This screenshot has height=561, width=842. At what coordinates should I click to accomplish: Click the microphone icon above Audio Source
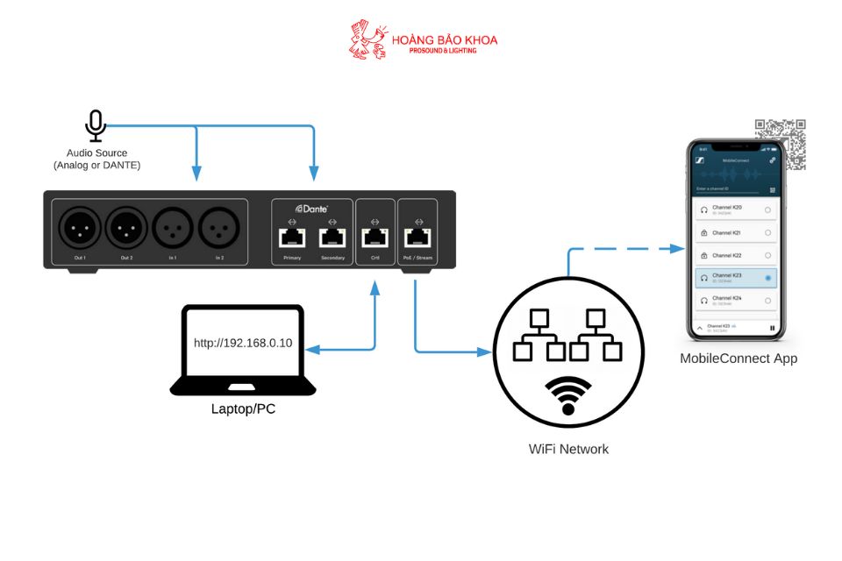coord(96,126)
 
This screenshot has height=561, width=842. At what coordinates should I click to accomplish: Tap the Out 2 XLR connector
coord(127,230)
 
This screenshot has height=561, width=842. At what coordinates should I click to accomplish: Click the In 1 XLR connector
coord(173,230)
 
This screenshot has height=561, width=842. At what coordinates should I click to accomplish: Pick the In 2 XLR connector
coord(219,230)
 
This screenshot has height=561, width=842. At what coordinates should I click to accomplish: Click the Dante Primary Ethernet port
coord(292,236)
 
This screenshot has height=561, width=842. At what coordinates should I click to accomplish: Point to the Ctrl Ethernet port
coord(375,236)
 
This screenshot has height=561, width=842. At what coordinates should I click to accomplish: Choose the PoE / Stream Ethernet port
coord(417,236)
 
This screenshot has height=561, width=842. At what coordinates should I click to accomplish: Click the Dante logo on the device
coord(311,209)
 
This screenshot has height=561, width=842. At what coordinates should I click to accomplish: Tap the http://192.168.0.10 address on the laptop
coord(242,343)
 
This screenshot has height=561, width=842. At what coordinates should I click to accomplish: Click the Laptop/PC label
coord(243,408)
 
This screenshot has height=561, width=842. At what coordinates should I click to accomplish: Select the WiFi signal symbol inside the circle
coord(567,395)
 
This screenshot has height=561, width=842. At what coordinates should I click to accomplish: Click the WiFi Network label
coord(568,449)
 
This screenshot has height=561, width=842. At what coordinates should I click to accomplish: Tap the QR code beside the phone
coord(780,143)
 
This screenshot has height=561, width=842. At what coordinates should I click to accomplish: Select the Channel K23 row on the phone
coord(735,278)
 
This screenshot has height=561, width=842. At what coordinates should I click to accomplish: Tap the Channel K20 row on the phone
coord(735,209)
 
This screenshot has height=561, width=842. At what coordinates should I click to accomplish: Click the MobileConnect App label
coord(739,359)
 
